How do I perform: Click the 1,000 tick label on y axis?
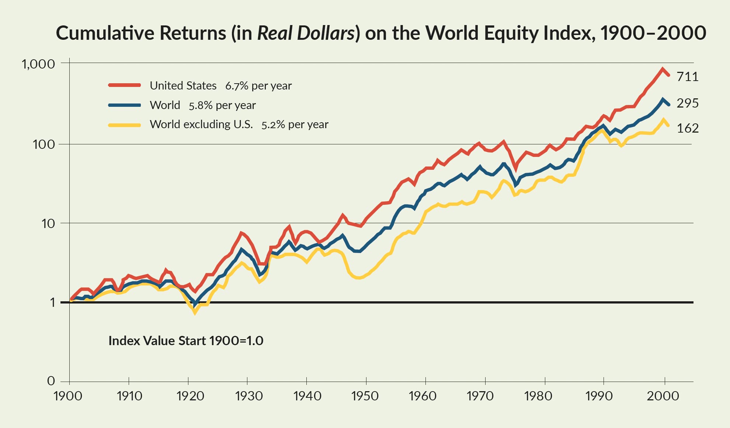click(38, 64)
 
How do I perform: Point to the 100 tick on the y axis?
click(44, 144)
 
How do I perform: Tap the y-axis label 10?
click(48, 223)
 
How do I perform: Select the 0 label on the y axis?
click(51, 381)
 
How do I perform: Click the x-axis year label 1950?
click(365, 396)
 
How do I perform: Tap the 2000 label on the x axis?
click(663, 396)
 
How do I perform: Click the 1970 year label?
click(480, 396)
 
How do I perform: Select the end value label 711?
click(688, 77)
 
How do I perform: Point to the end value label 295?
click(688, 103)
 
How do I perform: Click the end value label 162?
click(688, 128)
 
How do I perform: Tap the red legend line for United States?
click(125, 85)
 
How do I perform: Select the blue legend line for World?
click(125, 105)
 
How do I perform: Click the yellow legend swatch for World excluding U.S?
click(125, 125)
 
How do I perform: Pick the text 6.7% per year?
click(258, 86)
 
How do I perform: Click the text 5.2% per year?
click(295, 125)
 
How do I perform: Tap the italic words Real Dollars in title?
click(306, 33)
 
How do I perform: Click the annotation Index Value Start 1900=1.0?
click(186, 341)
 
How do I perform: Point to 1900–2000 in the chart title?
click(653, 33)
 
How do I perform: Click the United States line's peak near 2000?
click(662, 69)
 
